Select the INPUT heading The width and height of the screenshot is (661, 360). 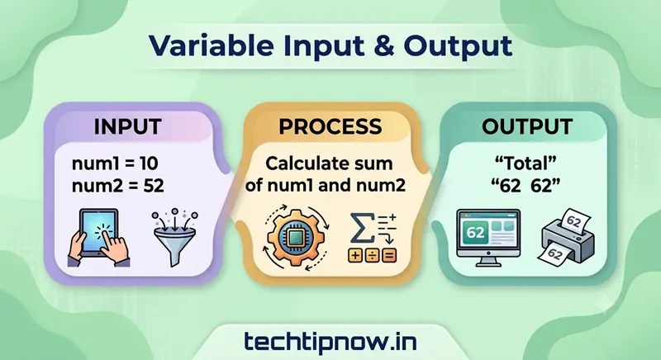[127, 126]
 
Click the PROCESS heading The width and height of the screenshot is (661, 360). [330, 126]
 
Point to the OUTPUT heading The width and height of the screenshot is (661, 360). [527, 126]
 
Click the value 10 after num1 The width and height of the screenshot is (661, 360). [149, 163]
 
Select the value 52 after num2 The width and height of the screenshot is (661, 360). [154, 186]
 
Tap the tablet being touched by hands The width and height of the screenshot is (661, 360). [98, 234]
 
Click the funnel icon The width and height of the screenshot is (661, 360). [174, 237]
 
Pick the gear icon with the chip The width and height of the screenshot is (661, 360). [296, 238]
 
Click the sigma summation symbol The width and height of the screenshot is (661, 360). [362, 228]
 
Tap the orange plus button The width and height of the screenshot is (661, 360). [355, 256]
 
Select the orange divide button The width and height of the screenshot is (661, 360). [372, 256]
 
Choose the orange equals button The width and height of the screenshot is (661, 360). [389, 256]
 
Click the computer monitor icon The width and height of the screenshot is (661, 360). [488, 238]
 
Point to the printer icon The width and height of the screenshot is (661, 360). [567, 236]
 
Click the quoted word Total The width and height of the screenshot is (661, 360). [525, 163]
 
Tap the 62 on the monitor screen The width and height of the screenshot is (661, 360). [475, 233]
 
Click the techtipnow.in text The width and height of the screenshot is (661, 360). [330, 342]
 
